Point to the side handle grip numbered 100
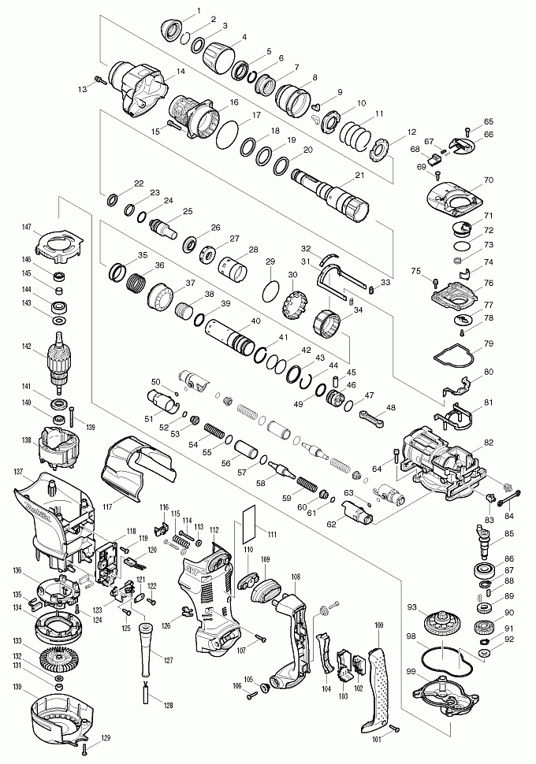[381, 685]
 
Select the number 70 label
[488, 180]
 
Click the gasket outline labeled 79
[452, 355]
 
